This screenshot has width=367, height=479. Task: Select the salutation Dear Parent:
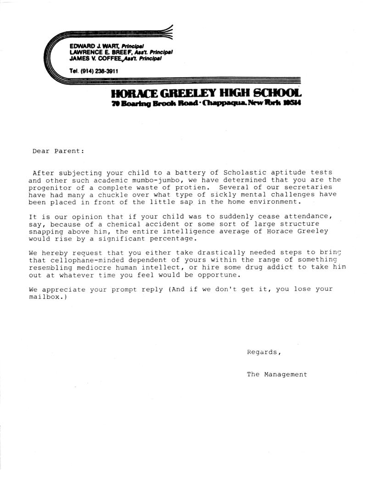point(58,150)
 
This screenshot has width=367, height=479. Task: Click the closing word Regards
point(263,352)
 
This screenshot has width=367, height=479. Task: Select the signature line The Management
point(277,374)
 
